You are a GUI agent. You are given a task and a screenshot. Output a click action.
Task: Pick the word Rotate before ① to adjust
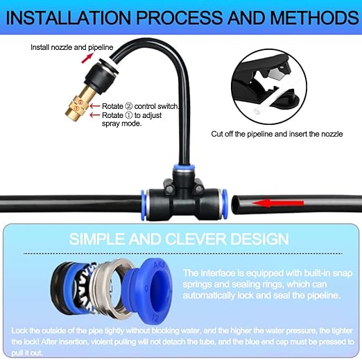click(112, 114)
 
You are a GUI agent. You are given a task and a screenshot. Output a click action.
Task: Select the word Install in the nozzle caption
click(40, 47)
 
